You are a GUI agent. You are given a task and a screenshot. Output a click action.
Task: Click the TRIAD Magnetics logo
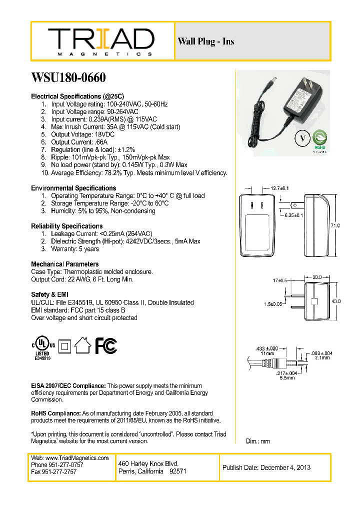click(101, 41)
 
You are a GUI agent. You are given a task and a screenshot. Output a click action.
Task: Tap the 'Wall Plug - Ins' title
click(205, 41)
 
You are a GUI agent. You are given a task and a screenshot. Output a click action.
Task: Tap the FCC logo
click(106, 345)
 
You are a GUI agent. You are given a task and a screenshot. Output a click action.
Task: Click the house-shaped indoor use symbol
click(82, 345)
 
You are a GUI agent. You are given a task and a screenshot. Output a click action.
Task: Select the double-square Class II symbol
click(63, 345)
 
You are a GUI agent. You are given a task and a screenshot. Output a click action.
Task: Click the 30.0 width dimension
click(316, 276)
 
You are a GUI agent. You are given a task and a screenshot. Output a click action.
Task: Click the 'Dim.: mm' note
click(258, 441)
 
